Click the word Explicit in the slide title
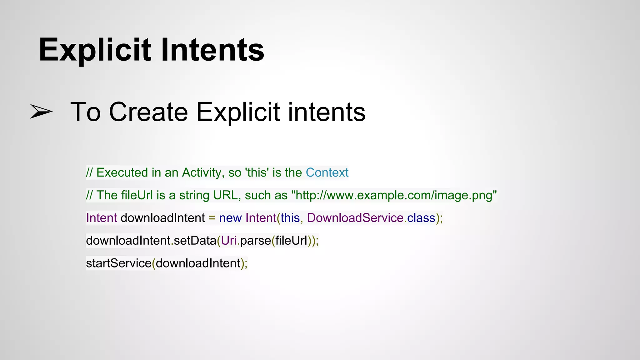click(95, 50)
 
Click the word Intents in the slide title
click(212, 50)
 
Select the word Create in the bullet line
click(148, 112)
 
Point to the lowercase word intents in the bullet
click(327, 112)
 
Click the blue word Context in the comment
click(327, 172)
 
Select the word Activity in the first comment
click(202, 172)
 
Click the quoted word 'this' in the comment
click(257, 172)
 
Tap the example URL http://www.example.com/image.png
click(394, 195)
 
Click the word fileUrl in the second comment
click(137, 195)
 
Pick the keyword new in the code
click(230, 218)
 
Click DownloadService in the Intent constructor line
click(355, 218)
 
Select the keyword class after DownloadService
click(421, 218)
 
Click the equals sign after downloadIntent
click(212, 218)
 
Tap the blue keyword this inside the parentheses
click(290, 218)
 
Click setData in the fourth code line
click(195, 241)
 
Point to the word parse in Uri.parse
click(256, 241)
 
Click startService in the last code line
click(119, 263)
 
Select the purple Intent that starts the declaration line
click(101, 218)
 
